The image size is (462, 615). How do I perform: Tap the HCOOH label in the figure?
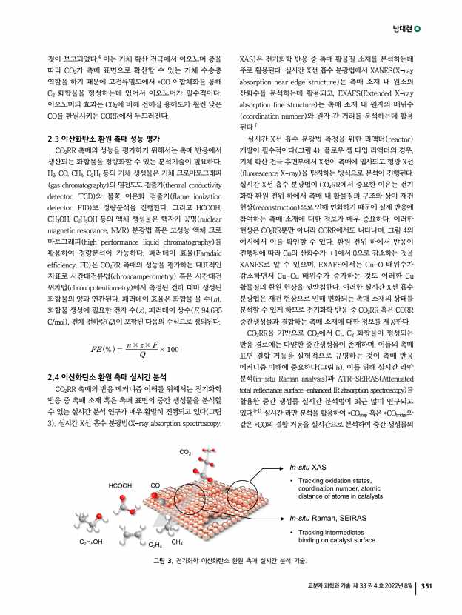[x=121, y=485]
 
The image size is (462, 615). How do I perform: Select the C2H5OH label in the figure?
[x=93, y=542]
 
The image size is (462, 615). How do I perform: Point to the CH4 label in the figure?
[x=177, y=542]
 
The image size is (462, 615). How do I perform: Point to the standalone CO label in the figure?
[x=155, y=485]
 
